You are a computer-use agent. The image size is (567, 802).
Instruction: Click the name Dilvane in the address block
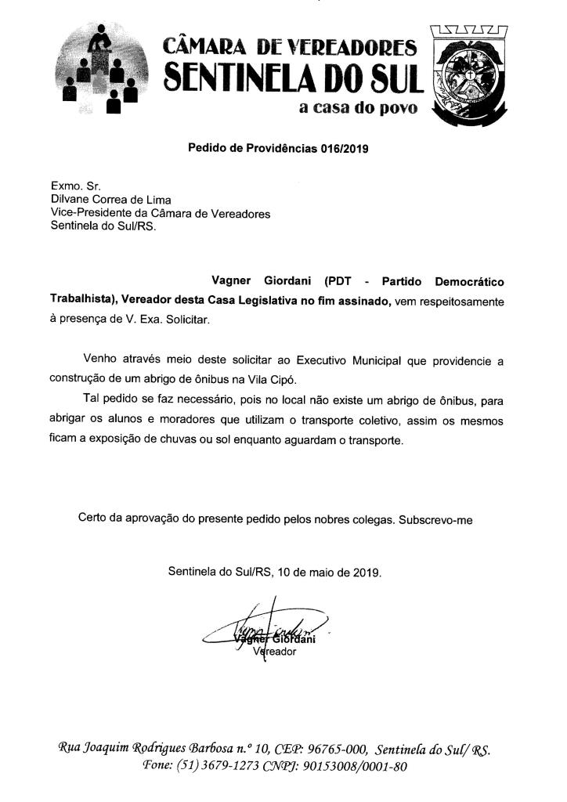coord(71,200)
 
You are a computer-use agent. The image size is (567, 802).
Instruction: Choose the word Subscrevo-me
coord(435,518)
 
